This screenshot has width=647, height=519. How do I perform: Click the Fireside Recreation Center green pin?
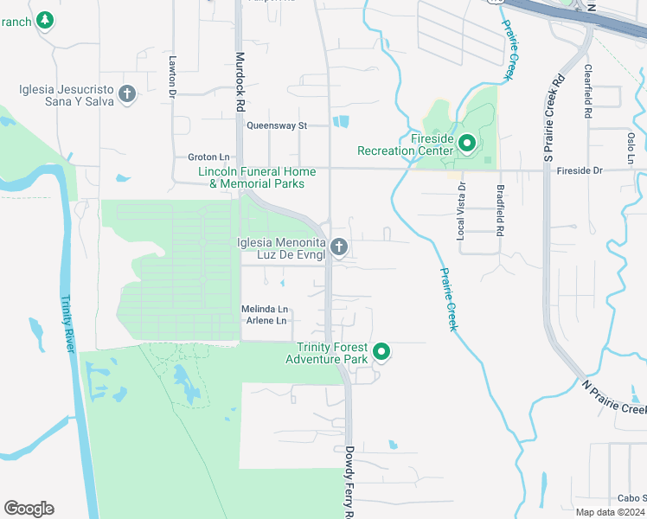(467, 143)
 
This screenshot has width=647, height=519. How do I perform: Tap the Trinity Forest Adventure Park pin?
(381, 352)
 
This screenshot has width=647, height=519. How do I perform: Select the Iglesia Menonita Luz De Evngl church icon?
(339, 248)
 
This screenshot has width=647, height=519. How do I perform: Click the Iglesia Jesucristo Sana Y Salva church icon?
(127, 93)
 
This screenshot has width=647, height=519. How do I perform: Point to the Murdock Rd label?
(240, 81)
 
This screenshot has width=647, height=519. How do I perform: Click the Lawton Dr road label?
(173, 76)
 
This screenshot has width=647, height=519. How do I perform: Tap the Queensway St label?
(277, 125)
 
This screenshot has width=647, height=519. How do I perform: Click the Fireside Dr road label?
(580, 170)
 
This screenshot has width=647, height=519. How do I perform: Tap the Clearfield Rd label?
(587, 91)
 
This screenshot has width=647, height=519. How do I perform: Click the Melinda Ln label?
(265, 309)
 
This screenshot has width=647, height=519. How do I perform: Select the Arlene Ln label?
(266, 321)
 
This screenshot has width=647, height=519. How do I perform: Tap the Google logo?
(29, 509)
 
